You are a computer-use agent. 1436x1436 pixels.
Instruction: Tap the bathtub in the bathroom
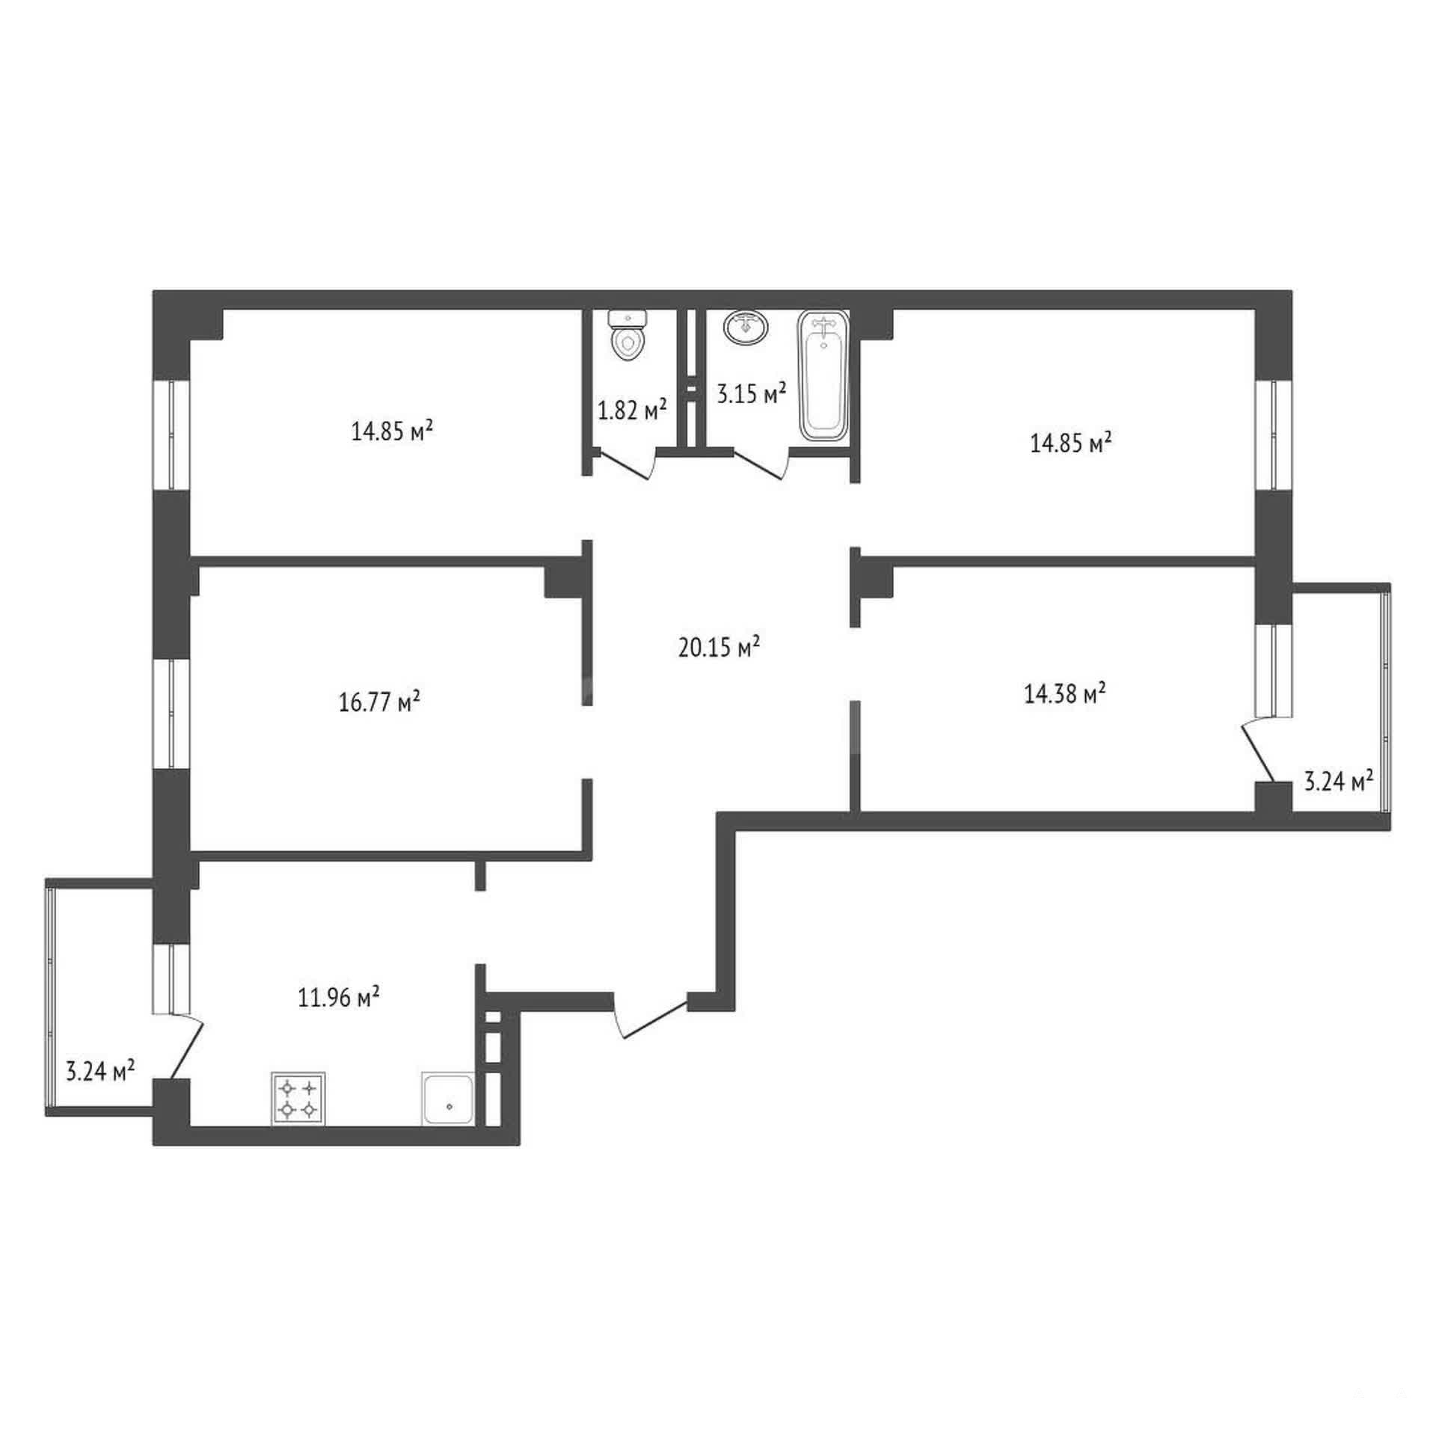823,375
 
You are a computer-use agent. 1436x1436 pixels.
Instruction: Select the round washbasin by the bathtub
746,327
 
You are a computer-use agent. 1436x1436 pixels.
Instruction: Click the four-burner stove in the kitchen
298,1099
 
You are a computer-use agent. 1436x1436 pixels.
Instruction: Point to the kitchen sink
447,1099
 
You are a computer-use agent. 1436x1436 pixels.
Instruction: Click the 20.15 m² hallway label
719,647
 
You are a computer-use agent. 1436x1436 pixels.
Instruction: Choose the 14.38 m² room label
1064,694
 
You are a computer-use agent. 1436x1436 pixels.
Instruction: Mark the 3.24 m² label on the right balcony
1339,782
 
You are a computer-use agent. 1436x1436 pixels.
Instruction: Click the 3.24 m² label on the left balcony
100,1071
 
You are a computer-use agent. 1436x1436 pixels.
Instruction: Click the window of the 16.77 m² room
171,714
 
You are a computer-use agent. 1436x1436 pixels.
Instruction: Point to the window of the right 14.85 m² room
1274,435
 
